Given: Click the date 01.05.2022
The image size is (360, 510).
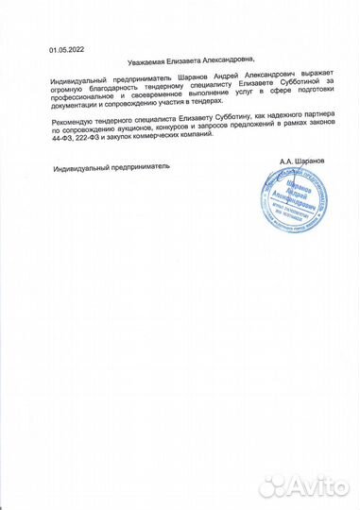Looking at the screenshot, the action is [x=64, y=47].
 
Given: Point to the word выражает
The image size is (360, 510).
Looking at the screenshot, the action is [x=294, y=82].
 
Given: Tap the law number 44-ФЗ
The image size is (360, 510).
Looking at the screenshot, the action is [x=62, y=142].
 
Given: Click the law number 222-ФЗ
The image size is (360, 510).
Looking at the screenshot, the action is [x=94, y=142].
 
